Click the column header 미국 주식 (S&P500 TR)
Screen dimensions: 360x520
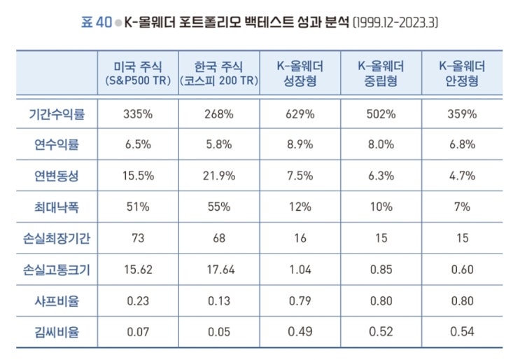click(138, 74)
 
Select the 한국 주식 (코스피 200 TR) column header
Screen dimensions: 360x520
click(219, 74)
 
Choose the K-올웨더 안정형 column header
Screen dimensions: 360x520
click(461, 74)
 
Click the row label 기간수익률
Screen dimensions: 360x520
click(58, 113)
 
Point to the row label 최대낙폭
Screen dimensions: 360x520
click(58, 207)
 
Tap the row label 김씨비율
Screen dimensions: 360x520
click(58, 331)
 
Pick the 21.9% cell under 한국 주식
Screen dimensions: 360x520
click(219, 176)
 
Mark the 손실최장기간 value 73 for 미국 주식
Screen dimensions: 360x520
click(138, 238)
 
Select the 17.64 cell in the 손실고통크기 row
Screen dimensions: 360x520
click(219, 269)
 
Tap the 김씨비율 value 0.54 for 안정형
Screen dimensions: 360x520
click(461, 331)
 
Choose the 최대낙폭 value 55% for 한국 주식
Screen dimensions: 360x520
click(219, 207)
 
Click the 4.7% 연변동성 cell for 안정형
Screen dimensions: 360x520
click(461, 176)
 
